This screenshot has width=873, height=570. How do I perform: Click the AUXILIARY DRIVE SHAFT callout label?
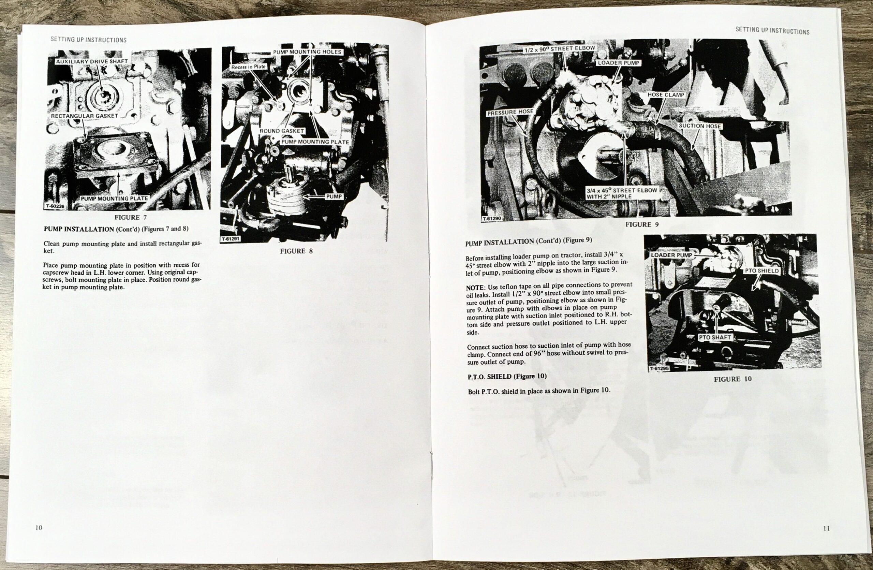(92, 61)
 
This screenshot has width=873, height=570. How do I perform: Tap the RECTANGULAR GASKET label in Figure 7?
(84, 116)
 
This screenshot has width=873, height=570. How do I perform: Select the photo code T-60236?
(55, 206)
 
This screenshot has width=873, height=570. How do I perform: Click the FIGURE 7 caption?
(131, 217)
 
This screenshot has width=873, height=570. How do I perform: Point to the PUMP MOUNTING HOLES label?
(307, 52)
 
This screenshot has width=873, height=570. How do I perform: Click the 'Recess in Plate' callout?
(248, 67)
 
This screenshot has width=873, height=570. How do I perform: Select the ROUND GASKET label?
(282, 131)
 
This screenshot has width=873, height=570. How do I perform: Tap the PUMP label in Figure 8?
(334, 196)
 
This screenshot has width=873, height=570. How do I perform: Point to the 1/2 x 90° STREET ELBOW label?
(559, 48)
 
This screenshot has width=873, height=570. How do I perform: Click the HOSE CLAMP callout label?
(666, 94)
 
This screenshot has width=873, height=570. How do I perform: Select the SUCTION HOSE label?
(700, 126)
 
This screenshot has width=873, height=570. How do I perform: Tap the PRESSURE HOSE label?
(510, 112)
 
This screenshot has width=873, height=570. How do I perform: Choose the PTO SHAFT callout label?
(715, 337)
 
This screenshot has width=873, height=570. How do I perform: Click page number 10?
(39, 527)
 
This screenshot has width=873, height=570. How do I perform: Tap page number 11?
(826, 528)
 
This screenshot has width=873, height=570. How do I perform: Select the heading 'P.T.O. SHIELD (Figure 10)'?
(507, 377)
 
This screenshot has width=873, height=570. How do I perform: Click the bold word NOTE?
(476, 288)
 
